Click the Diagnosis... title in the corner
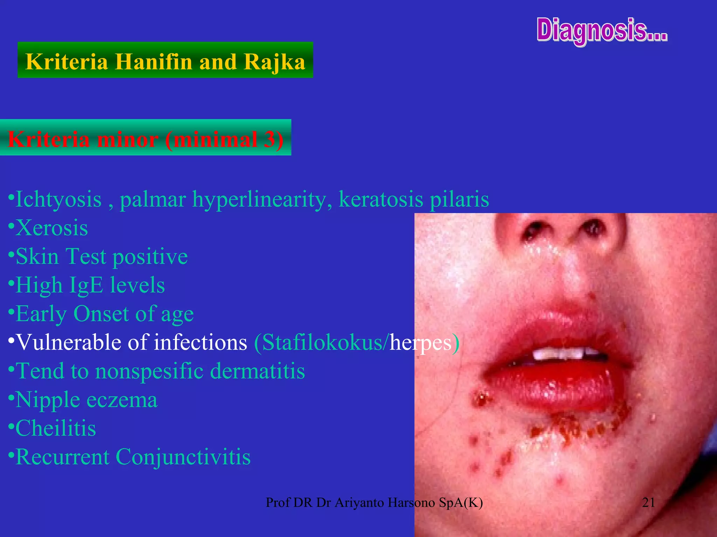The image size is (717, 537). pos(602,31)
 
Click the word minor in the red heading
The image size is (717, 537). pos(127,139)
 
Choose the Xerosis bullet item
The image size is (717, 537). pos(51,228)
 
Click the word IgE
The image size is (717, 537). pos(86,285)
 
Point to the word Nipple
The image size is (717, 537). pos(48,400)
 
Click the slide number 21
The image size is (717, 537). pos(648,502)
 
